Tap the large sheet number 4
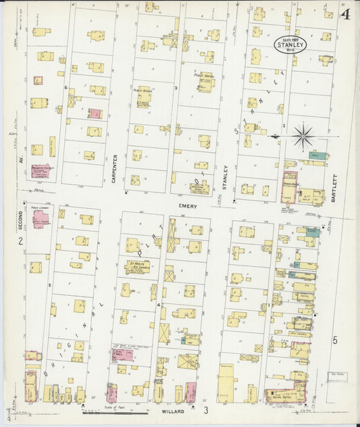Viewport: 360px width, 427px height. pyautogui.click(x=345, y=14)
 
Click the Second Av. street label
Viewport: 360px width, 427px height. pyautogui.click(x=21, y=220)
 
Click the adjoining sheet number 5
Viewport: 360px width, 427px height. pyautogui.click(x=334, y=341)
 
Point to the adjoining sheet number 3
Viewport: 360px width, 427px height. pyautogui.click(x=206, y=410)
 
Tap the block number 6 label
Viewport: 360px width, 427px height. pyautogui.click(x=66, y=87)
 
